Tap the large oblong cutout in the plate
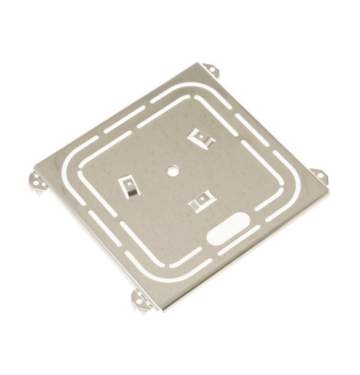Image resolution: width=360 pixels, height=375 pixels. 228,227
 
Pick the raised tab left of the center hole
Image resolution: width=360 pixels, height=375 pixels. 127,185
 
